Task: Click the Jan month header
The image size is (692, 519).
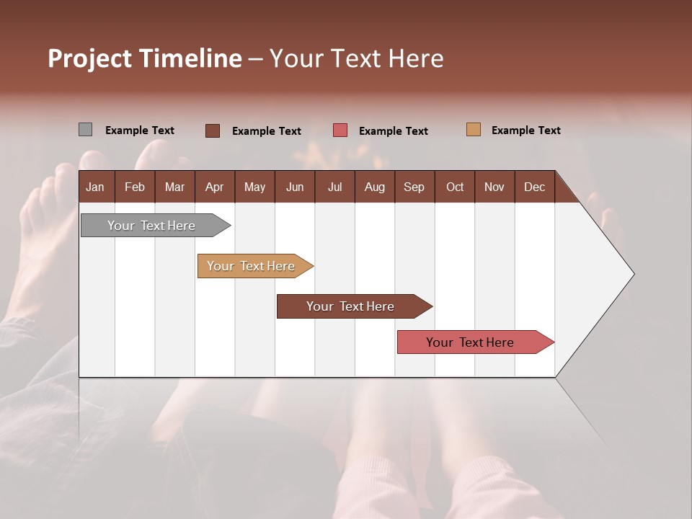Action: (x=95, y=187)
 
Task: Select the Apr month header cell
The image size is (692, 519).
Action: (x=215, y=187)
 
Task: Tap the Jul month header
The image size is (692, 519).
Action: (x=334, y=187)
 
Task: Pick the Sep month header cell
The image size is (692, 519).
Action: (x=414, y=187)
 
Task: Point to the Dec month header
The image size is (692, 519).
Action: (x=534, y=187)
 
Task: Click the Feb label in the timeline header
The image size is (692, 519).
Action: (x=135, y=187)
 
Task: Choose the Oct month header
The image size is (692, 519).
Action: (x=455, y=187)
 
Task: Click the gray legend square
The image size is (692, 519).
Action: (x=85, y=130)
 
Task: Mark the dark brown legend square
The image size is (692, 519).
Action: (x=213, y=130)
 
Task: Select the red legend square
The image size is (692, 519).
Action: (x=340, y=130)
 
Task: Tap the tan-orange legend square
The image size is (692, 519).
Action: (x=473, y=130)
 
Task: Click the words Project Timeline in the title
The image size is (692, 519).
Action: (x=144, y=58)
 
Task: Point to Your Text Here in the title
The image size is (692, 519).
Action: (x=356, y=58)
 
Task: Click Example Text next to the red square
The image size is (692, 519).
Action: (x=393, y=131)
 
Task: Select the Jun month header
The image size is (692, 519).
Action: (x=295, y=187)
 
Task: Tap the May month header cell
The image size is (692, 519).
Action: (x=254, y=187)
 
